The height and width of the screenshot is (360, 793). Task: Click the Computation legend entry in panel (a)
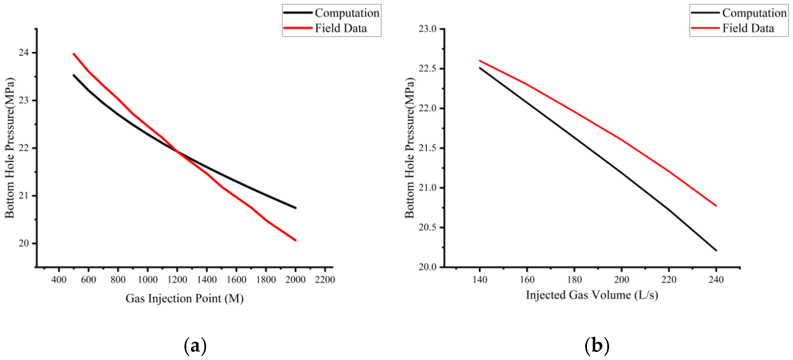tap(331, 13)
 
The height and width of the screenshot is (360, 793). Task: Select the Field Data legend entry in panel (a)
tap(325, 28)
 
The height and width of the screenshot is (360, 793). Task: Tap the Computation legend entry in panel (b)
tap(738, 13)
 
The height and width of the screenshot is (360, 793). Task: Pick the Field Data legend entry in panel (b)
tap(732, 28)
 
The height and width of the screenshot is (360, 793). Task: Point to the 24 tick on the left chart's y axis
tap(24, 53)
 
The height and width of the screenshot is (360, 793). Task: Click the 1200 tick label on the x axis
tap(177, 280)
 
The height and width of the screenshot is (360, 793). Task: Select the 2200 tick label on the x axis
tap(325, 280)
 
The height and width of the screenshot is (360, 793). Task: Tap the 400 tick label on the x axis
tap(59, 280)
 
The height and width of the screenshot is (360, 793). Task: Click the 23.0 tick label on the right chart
tap(428, 29)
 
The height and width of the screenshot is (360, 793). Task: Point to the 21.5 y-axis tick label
tap(428, 148)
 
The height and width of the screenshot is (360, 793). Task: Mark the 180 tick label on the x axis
tap(574, 280)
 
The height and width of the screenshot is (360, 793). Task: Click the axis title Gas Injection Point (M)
tap(185, 299)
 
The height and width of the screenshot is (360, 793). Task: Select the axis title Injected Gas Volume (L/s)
tap(592, 295)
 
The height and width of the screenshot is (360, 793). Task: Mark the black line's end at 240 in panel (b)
tap(716, 250)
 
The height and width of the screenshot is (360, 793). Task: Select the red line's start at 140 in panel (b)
tap(480, 61)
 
